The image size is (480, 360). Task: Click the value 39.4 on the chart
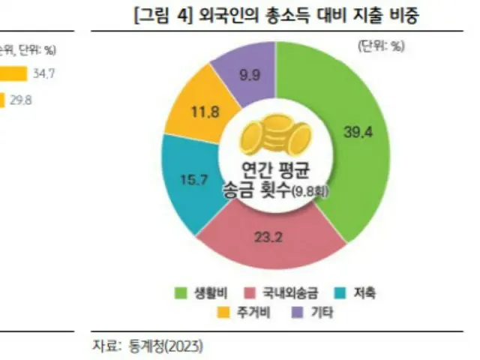tap(358, 131)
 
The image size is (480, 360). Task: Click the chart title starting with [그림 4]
tap(276, 16)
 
